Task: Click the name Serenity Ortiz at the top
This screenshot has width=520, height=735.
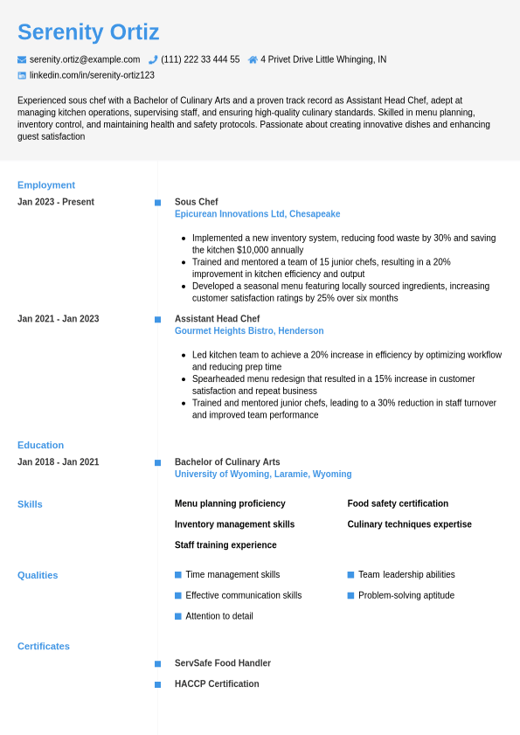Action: point(88,32)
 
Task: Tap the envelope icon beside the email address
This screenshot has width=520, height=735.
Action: point(22,59)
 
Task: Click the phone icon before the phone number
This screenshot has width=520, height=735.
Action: point(153,59)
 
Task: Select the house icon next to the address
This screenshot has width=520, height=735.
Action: point(253,59)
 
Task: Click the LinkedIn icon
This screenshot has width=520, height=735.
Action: point(22,75)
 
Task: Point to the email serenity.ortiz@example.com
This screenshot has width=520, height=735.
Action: point(85,59)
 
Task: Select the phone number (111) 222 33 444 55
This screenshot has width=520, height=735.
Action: point(200,59)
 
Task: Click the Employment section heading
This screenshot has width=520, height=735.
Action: point(46,184)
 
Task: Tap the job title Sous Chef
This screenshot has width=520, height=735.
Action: point(197,202)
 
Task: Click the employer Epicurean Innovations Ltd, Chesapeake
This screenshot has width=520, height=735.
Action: point(257,214)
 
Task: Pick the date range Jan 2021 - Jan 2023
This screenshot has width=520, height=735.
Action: point(58,319)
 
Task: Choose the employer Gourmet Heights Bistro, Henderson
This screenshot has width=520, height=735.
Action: point(249,331)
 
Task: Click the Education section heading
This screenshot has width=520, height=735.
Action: point(40,445)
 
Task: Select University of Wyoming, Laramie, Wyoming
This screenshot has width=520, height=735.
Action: point(263,475)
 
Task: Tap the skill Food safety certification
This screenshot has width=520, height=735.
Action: point(398,503)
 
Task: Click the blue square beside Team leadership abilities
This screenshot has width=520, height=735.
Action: point(350,575)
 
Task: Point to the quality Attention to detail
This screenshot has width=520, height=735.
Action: point(219,616)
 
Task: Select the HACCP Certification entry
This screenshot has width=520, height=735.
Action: point(217,684)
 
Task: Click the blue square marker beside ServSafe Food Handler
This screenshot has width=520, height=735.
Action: point(157,664)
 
